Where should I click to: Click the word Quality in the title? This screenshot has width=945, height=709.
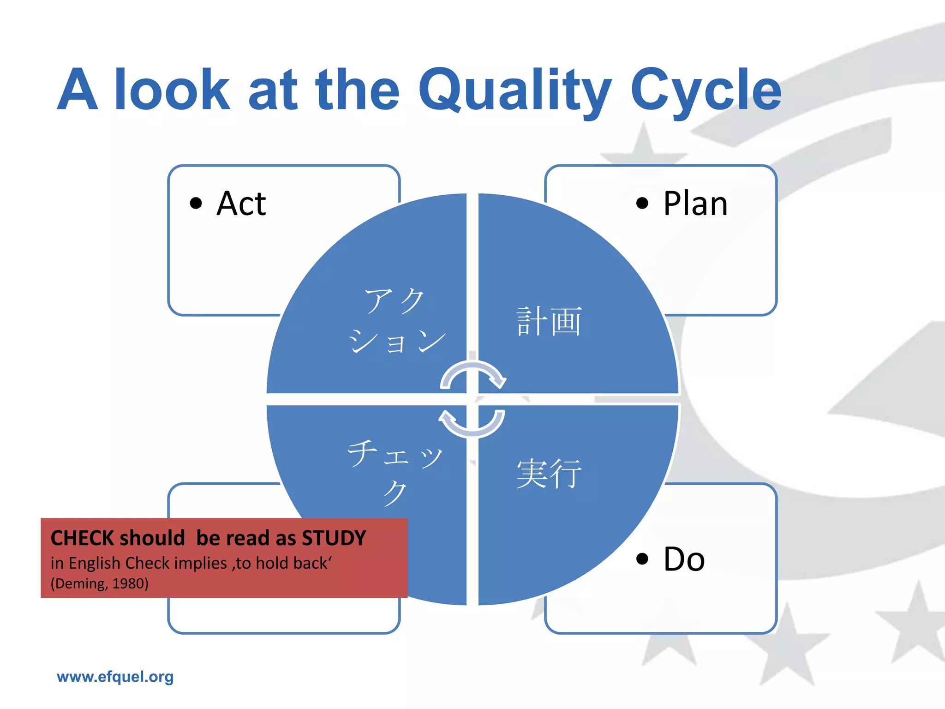[514, 90]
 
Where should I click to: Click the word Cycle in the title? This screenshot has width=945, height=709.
[706, 90]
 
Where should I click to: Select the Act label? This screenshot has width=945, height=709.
[241, 204]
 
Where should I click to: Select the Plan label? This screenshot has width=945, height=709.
[695, 204]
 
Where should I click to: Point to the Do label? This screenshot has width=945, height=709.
[684, 559]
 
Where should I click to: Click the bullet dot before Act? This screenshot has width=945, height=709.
[196, 203]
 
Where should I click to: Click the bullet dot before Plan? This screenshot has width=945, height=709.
[642, 203]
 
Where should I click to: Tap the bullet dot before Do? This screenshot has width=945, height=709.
[642, 559]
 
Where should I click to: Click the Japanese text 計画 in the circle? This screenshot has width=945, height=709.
[549, 321]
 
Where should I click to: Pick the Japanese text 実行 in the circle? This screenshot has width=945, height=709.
[549, 474]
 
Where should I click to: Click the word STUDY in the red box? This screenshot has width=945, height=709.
[334, 538]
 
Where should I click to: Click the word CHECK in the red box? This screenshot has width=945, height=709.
[82, 538]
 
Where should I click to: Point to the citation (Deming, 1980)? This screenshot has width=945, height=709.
[100, 584]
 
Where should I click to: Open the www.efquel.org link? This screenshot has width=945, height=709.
[115, 677]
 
